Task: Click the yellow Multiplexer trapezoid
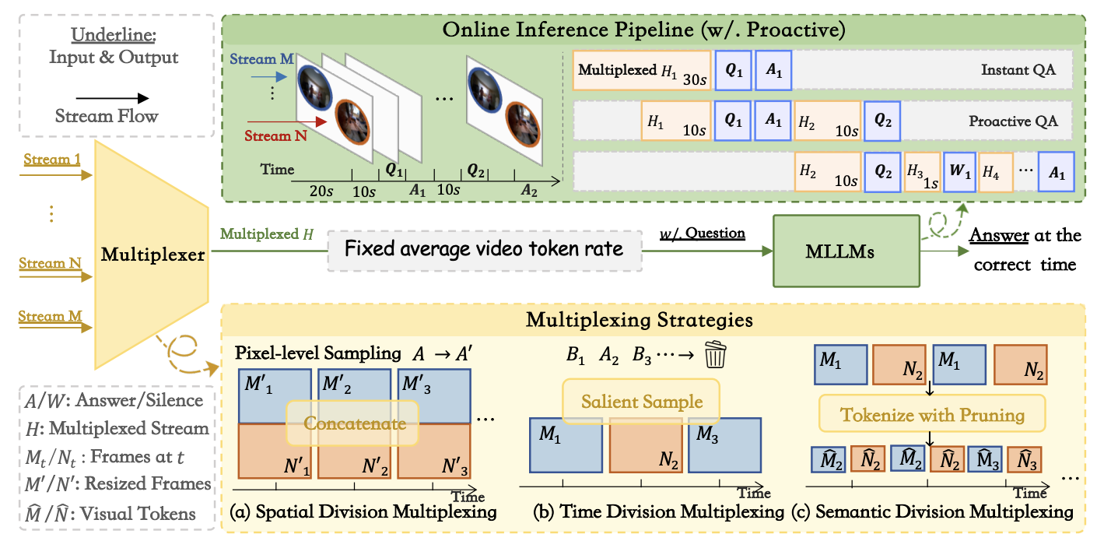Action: click(152, 255)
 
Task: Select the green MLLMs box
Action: click(846, 251)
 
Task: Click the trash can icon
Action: click(715, 354)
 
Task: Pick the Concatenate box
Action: click(352, 423)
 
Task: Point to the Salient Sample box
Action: click(641, 402)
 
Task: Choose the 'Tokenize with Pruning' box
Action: click(932, 414)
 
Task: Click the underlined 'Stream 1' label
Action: click(52, 160)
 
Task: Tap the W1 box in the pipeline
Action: click(959, 171)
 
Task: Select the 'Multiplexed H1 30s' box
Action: click(642, 71)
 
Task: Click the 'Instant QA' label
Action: click(1018, 70)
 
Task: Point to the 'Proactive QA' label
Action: click(1013, 121)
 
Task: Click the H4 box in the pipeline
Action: click(996, 172)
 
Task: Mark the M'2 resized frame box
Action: click(355, 396)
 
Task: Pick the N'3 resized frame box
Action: click(434, 451)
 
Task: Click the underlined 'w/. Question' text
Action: click(703, 234)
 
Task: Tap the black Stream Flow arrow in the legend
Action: click(112, 98)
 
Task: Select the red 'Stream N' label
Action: click(275, 135)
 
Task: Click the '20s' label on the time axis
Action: click(321, 191)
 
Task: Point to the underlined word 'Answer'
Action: click(999, 235)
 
